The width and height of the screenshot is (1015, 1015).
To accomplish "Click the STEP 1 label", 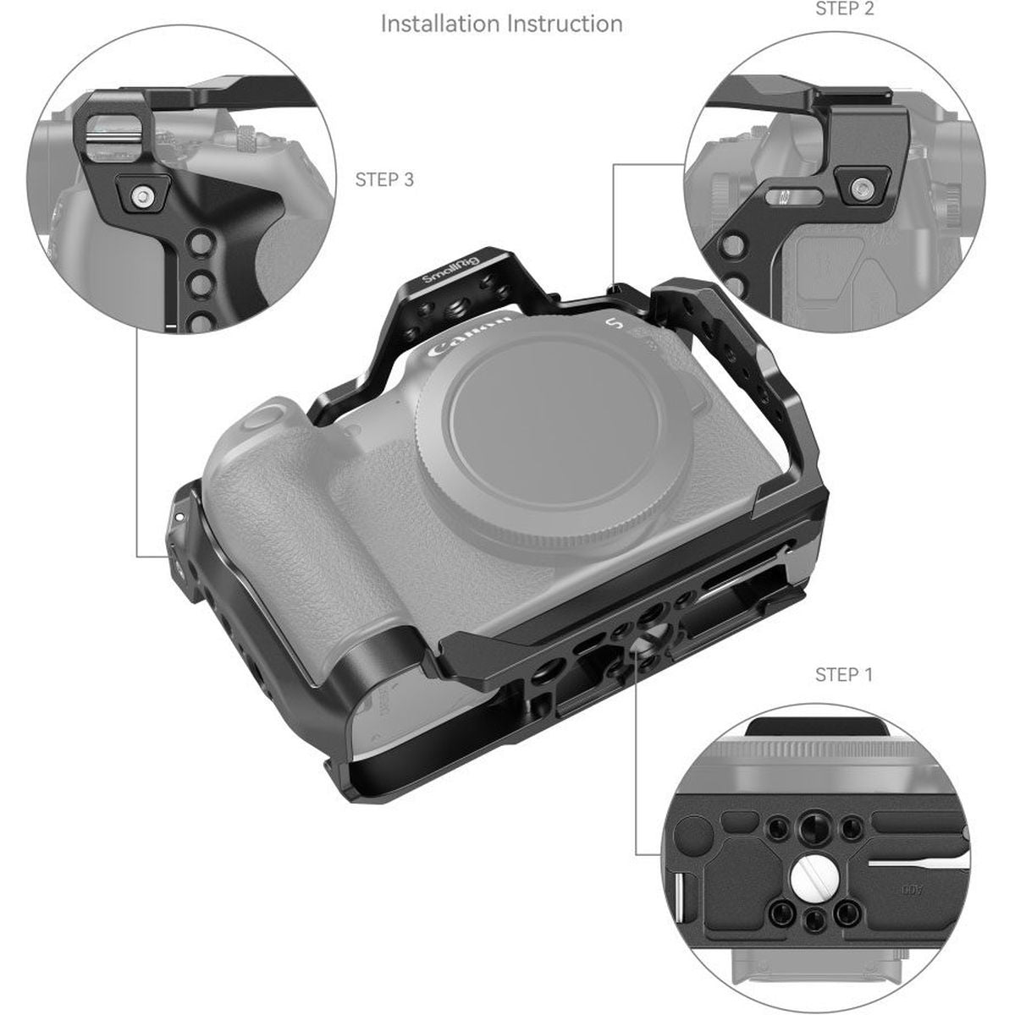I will click(x=843, y=674).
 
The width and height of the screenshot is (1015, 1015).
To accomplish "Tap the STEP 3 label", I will click(x=384, y=179).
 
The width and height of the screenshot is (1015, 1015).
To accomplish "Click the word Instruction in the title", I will click(x=563, y=23).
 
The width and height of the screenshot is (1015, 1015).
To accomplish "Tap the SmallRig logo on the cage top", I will click(x=450, y=277).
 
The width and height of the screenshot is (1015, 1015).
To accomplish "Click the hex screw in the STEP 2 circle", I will click(x=861, y=185).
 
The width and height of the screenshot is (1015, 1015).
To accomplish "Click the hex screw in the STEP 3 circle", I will click(x=141, y=198).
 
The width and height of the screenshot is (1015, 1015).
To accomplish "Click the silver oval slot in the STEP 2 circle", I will click(x=788, y=198).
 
